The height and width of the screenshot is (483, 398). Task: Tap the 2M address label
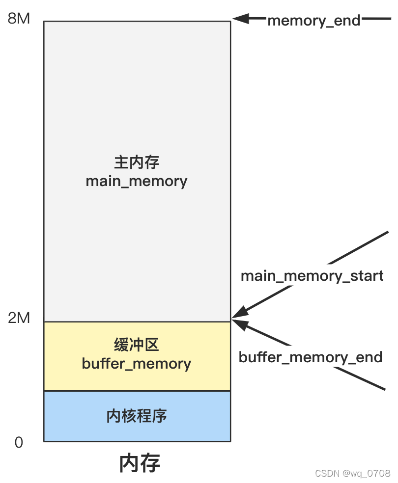pos(19,318)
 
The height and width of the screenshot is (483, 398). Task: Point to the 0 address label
pos(19,443)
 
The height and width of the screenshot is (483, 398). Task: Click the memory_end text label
pos(314,21)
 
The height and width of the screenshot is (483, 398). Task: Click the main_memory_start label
pos(312,275)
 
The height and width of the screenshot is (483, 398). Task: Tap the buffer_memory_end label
pos(311,357)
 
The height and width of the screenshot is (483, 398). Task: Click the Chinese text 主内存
pos(137,162)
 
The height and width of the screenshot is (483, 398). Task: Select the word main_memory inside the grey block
pos(137,181)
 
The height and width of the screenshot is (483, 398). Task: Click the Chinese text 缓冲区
pos(137,345)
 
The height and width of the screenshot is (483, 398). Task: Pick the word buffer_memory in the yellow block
pos(137,364)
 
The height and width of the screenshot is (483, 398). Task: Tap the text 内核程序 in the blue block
pos(137,416)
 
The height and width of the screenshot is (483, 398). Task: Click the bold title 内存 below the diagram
pos(140,463)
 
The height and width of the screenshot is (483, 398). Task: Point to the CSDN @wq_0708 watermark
pos(352,473)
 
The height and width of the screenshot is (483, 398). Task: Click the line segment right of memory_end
pos(377,20)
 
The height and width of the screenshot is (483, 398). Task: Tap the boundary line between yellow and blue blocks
pos(137,391)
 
